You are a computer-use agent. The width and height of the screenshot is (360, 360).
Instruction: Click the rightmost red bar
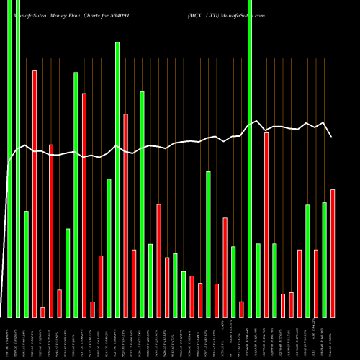(x=333, y=253)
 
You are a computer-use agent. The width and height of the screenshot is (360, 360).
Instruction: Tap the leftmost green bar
(x=9, y=158)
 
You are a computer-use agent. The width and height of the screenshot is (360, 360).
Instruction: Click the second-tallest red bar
(x=84, y=204)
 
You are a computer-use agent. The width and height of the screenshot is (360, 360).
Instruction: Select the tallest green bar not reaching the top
(x=117, y=179)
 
